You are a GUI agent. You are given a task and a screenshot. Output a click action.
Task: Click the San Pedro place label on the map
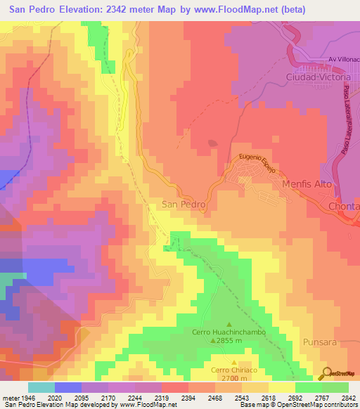coord(184,204)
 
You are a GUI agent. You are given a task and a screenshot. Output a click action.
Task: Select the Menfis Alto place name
coord(307,184)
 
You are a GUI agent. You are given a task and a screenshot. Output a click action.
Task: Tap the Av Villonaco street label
coord(343,60)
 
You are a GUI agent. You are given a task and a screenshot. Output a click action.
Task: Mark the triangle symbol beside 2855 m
coord(213,341)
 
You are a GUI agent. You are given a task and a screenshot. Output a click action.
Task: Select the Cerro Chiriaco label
coord(232,370)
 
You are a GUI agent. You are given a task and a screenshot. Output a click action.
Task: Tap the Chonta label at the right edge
coord(344,206)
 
